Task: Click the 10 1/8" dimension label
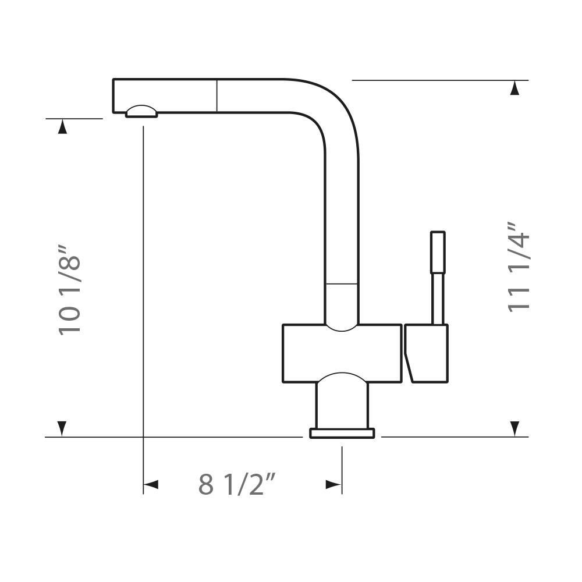(69, 290)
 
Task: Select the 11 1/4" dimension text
(519, 267)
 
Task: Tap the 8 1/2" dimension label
(237, 483)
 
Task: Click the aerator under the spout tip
(141, 111)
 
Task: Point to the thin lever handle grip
(438, 253)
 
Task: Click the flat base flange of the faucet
(342, 433)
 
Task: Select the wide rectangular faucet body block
(342, 353)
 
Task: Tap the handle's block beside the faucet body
(427, 353)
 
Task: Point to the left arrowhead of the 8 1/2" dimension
(151, 484)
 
